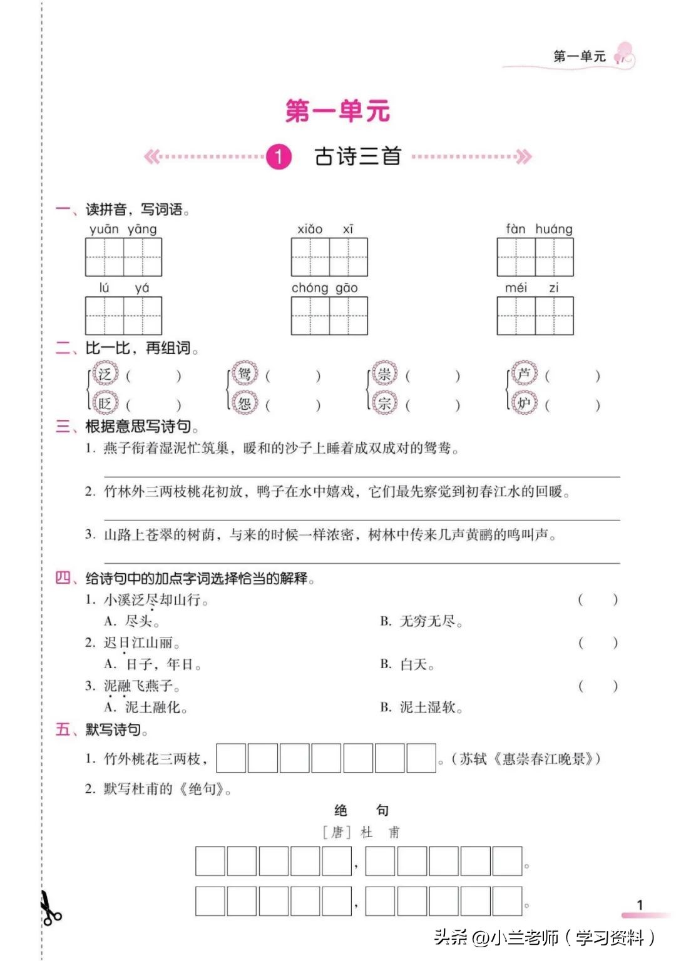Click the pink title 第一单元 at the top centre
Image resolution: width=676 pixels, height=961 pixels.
(337, 111)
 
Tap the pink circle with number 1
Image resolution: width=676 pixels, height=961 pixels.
(279, 156)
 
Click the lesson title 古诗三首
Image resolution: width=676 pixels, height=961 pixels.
(357, 156)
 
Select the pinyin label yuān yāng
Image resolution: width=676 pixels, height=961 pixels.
(123, 229)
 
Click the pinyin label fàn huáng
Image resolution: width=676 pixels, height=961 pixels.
(539, 229)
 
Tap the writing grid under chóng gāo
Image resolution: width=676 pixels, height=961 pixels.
(329, 316)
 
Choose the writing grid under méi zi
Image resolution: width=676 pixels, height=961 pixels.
(535, 316)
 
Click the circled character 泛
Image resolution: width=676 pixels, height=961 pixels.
(105, 374)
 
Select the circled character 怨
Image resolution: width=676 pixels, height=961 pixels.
(245, 403)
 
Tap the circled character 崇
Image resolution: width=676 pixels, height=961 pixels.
(384, 374)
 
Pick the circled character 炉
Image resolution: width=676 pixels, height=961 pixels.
(524, 403)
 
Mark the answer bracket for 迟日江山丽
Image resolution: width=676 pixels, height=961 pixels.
(598, 643)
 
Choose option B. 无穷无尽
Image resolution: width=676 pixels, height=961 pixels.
(421, 621)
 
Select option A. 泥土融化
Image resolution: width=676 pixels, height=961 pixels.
(146, 708)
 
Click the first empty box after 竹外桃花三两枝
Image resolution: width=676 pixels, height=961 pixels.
(231, 758)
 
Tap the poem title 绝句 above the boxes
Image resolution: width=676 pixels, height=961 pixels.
(361, 810)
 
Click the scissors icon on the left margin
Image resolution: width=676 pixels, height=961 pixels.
(49, 908)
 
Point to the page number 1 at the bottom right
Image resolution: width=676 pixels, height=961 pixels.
(640, 905)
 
